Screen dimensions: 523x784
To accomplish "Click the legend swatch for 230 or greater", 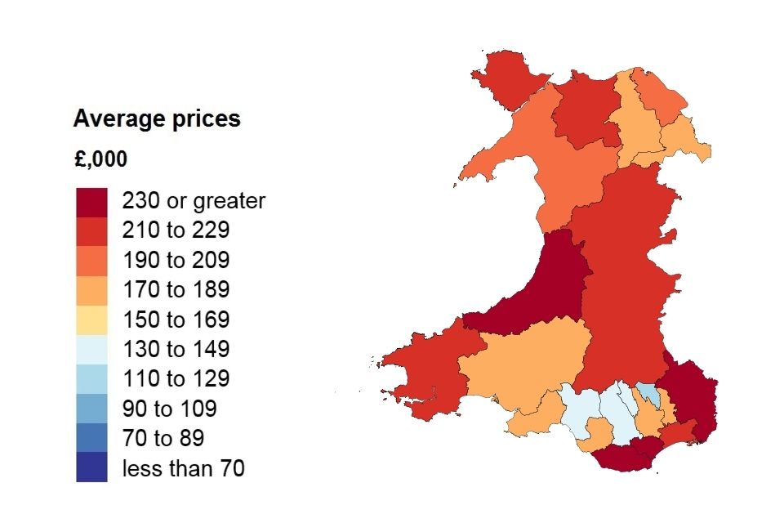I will coord(91,201).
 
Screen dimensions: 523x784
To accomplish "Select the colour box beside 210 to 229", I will coord(91,230).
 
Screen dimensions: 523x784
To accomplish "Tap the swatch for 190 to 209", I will coord(91,260).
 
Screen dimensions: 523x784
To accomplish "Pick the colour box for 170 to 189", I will coord(91,289).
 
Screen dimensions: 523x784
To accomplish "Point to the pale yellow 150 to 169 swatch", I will coord(91,320).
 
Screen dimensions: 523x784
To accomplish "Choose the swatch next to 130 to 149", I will coord(91,349).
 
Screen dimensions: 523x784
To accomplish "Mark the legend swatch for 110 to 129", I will coord(91,378).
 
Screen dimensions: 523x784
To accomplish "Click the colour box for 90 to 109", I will coord(91,408).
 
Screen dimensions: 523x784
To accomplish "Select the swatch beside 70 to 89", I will coord(91,438).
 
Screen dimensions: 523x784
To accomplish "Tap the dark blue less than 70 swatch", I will coord(91,467).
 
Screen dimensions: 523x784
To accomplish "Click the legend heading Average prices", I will coord(157,119).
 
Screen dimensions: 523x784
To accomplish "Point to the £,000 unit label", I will coord(100,159).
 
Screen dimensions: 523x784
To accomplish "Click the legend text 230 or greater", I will coord(194,201).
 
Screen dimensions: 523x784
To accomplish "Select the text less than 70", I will coord(183,468).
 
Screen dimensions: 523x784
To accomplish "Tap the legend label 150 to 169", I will coord(176,320).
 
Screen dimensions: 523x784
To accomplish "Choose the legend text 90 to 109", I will coord(169,409).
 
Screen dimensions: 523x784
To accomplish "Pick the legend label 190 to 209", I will coord(176,261).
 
